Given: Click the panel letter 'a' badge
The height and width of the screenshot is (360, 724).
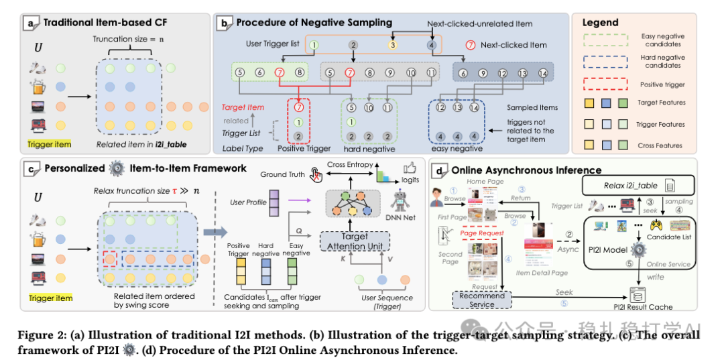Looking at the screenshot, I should (x=31, y=23).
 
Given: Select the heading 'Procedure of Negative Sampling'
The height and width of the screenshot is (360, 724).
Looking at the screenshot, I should (x=314, y=23).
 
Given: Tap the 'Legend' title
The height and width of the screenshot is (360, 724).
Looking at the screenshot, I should (x=601, y=22).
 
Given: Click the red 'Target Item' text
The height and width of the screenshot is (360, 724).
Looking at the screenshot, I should (x=244, y=107).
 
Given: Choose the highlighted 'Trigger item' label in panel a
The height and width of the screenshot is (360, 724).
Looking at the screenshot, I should (x=50, y=143).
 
